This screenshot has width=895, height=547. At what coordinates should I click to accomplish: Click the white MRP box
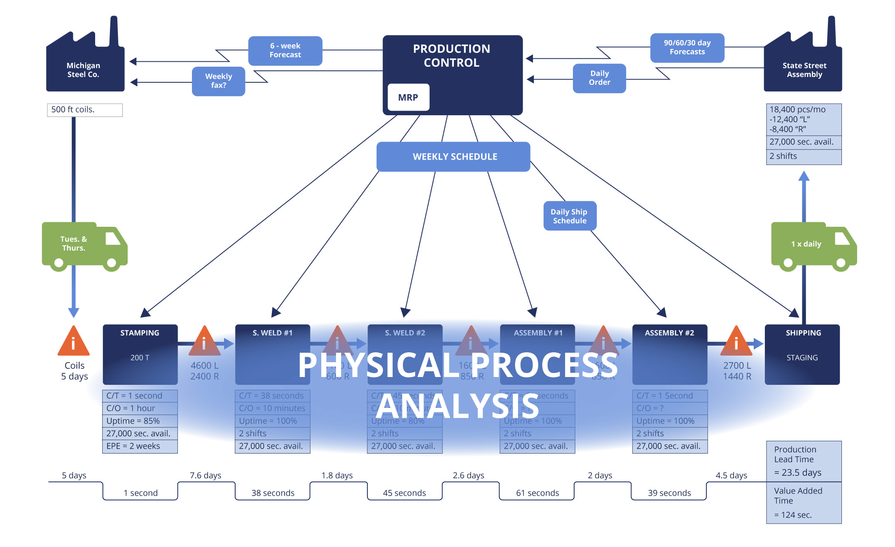[x=408, y=98]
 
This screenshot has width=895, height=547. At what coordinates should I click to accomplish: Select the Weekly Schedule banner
[x=453, y=157]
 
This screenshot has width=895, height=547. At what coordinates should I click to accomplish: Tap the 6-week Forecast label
[x=285, y=51]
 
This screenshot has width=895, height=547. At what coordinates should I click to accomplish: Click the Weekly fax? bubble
[x=218, y=81]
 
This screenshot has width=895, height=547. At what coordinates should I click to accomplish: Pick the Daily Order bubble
[x=599, y=78]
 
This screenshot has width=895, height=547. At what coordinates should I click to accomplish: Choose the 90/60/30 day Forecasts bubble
[x=687, y=48]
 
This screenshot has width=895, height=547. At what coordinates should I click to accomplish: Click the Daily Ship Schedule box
[x=570, y=216]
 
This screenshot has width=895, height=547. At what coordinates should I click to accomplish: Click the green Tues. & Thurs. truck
[x=82, y=245]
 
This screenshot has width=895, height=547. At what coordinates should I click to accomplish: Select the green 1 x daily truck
[x=811, y=245]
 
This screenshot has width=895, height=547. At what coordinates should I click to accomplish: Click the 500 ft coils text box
[x=84, y=110]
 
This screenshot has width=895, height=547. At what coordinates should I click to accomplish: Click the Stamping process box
[x=140, y=354]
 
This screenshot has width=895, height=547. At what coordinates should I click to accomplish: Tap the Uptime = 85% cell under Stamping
[x=140, y=421]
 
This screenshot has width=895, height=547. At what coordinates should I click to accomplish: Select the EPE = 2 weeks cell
[x=140, y=446]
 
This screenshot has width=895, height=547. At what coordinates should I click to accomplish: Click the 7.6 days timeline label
[x=205, y=475]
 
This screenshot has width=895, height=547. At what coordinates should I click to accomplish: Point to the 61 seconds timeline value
[x=537, y=493]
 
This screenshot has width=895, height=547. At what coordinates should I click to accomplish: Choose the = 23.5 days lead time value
[x=797, y=473]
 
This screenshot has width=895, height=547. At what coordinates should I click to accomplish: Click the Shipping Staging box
[x=802, y=354]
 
